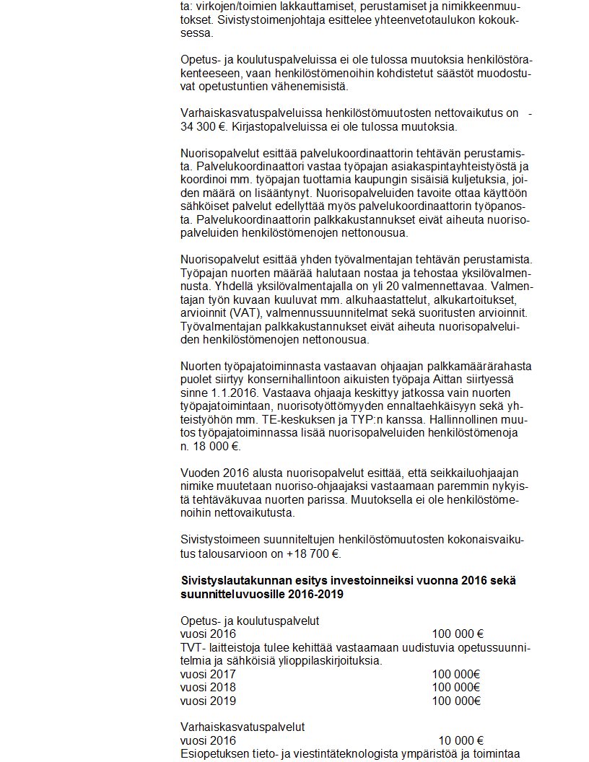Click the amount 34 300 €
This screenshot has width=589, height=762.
coord(204,127)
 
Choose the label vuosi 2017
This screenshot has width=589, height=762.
coord(208,674)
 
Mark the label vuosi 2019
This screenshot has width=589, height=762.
coord(208,700)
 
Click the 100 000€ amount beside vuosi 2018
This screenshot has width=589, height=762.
coord(456,687)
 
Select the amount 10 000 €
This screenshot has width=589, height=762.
coord(461,740)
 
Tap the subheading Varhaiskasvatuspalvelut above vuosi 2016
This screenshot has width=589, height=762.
coord(243,727)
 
